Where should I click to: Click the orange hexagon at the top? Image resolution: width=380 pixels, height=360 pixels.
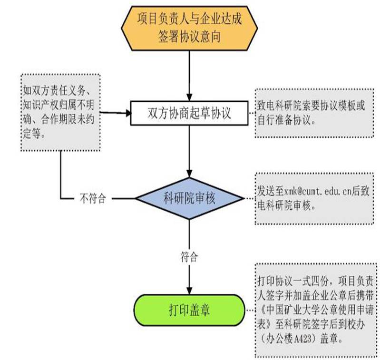tap(190, 28)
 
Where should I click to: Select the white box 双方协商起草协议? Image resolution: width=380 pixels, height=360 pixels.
tap(189, 113)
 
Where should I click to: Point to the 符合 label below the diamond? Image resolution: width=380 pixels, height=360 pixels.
tap(189, 258)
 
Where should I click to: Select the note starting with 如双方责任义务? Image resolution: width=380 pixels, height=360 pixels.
tap(61, 112)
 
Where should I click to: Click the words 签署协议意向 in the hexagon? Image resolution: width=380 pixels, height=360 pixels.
tap(189, 37)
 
